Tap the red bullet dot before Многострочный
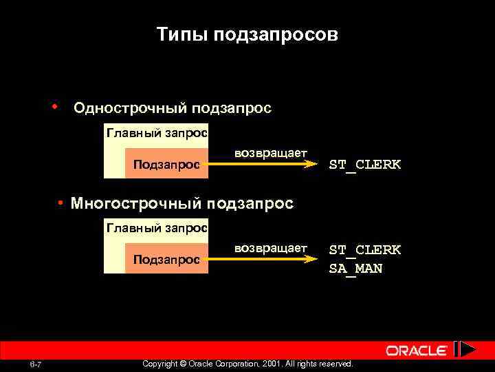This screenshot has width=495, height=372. (61, 203)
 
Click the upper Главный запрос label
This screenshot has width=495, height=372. (157, 132)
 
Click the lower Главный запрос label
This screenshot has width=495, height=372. (157, 227)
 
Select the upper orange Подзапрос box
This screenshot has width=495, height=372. (166, 164)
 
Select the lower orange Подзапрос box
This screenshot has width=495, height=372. (166, 259)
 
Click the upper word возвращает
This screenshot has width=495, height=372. (271, 152)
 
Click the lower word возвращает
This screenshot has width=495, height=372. (271, 247)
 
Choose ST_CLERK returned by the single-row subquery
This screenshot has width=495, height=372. (364, 165)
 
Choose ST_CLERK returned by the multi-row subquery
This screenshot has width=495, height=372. (364, 249)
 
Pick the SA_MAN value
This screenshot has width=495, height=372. (355, 269)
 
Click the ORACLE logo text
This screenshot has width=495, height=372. (417, 351)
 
